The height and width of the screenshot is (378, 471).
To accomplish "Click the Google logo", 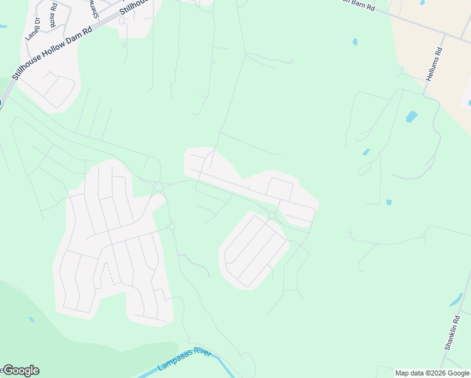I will point(20,370).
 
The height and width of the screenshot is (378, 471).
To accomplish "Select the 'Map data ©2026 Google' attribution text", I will point(432,373).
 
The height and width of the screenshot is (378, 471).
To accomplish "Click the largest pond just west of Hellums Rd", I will point(411,117).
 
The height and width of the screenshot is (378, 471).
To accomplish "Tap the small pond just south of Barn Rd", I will point(355,42).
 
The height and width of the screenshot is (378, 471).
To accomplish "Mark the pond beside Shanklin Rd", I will point(457,300).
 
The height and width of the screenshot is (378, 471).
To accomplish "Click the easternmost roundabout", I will point(271,216).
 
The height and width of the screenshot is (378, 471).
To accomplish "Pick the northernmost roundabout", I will point(158,186).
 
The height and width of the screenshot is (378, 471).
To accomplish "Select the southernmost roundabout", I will point(171,226).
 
